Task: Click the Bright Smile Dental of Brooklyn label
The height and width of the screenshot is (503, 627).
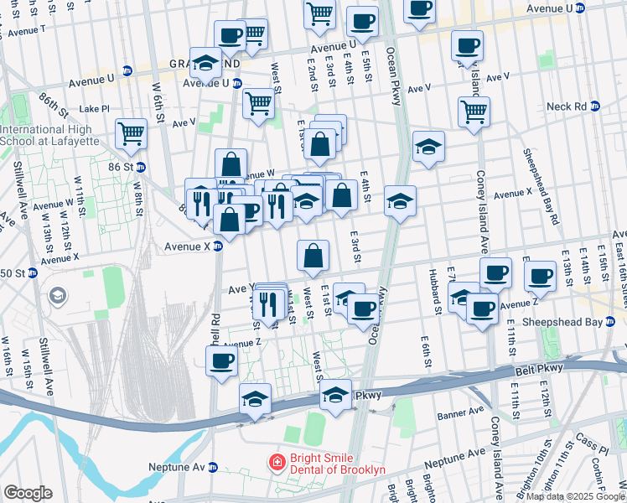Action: pos(335,463)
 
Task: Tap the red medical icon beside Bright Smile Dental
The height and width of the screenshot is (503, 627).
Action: pos(275,462)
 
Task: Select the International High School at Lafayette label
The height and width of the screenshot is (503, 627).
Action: pos(56,136)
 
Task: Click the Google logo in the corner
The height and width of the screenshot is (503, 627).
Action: pos(28,492)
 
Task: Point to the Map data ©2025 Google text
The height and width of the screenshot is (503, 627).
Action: pos(575,496)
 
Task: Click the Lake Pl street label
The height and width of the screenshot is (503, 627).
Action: pos(94,109)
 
